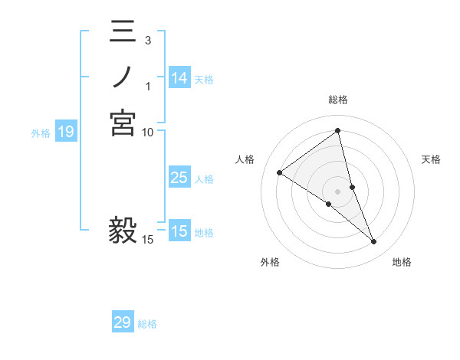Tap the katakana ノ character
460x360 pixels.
point(123,77)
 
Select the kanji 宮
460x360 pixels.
point(123,123)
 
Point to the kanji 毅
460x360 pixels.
point(123,229)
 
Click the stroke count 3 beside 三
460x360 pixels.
point(147,40)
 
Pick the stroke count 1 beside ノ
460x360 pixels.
point(147,86)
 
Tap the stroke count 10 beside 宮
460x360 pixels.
point(147,132)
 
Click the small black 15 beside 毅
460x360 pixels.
point(147,240)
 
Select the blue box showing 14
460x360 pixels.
point(179,78)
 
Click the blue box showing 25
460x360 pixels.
point(179,178)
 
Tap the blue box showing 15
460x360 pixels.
point(179,231)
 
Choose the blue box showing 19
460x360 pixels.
point(66,132)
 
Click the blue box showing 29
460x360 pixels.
point(123,322)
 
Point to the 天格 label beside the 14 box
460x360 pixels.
point(204,80)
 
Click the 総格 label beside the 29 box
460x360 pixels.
point(147,324)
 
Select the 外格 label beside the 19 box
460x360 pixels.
point(41,133)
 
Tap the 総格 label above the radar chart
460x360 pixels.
point(338,100)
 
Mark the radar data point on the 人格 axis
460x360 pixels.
point(280,173)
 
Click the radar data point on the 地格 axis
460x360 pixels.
point(374,242)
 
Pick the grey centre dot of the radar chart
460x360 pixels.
point(338,191)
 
